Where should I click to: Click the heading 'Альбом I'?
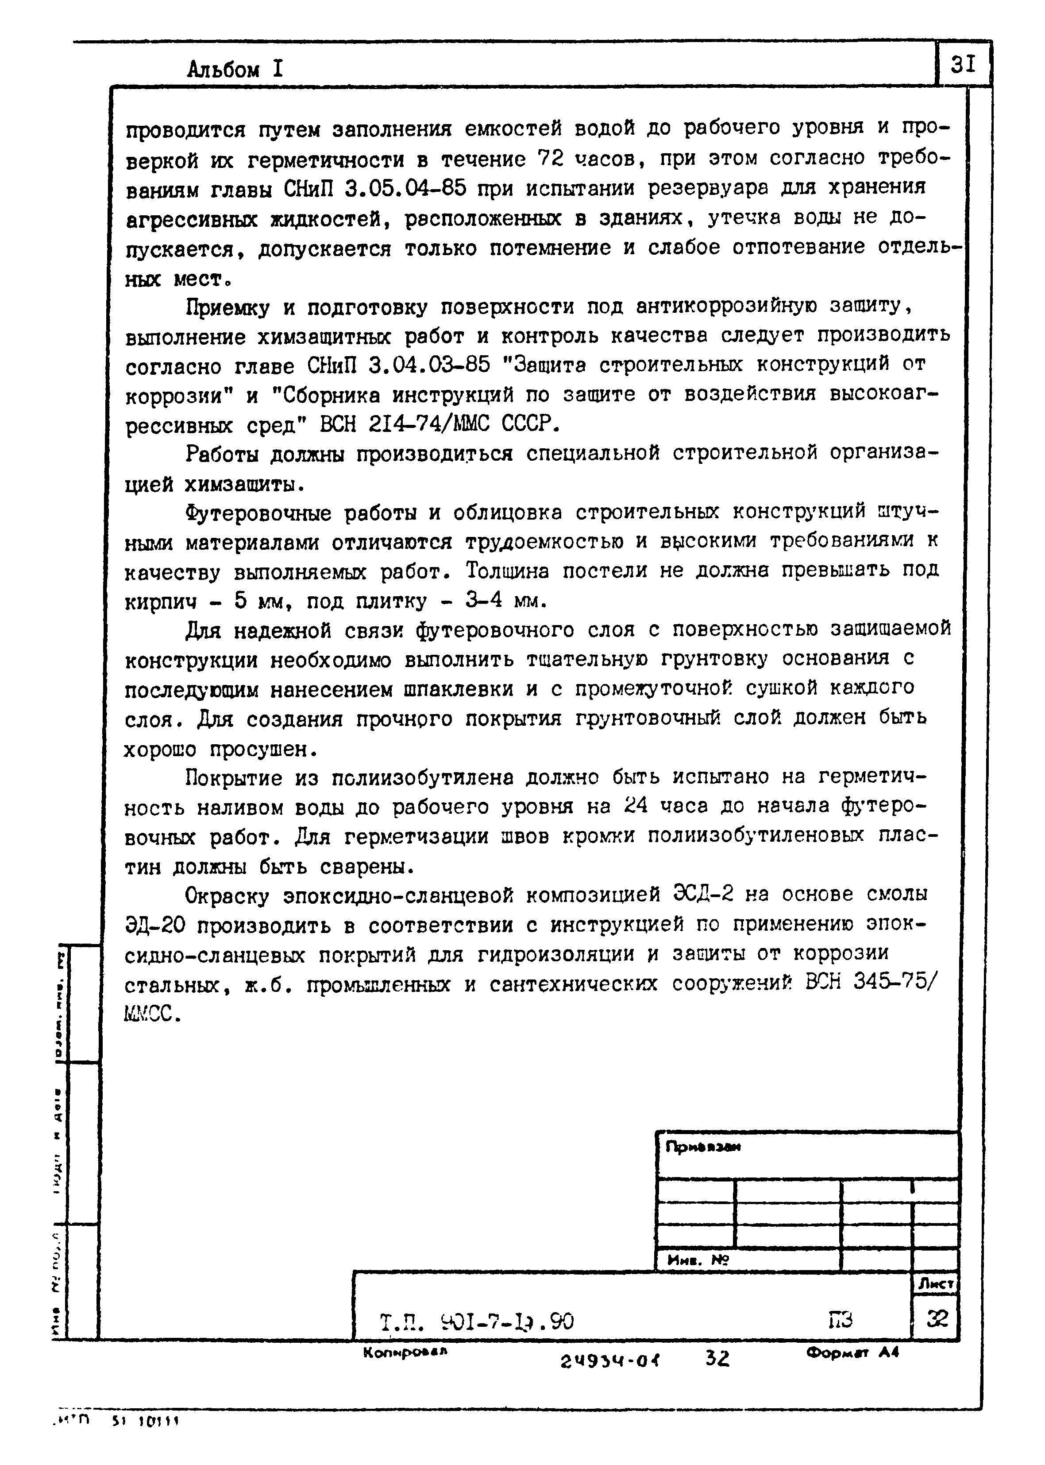(235, 69)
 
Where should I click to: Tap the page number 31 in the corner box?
(963, 64)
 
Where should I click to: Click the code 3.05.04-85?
(405, 189)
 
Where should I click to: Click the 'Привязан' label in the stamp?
(703, 1147)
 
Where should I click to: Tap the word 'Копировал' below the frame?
(404, 1352)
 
